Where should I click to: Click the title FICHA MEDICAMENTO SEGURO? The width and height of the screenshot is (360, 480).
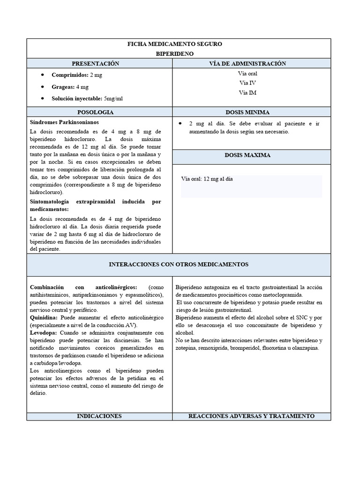175,44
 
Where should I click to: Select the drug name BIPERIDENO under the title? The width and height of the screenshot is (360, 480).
175,54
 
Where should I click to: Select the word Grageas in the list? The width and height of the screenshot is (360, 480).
63,87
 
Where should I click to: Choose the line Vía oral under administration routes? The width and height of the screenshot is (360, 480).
247,74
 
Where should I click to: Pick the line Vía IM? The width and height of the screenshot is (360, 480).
247,93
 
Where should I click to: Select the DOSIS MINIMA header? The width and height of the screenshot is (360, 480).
247,112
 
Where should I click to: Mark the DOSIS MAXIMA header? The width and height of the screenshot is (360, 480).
247,155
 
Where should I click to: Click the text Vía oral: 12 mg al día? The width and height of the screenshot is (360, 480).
207,179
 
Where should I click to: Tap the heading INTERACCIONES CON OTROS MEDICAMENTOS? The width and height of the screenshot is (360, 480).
179,264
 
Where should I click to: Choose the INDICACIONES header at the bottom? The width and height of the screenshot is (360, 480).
99,416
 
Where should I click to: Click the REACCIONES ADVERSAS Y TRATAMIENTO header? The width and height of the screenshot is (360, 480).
251,416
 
